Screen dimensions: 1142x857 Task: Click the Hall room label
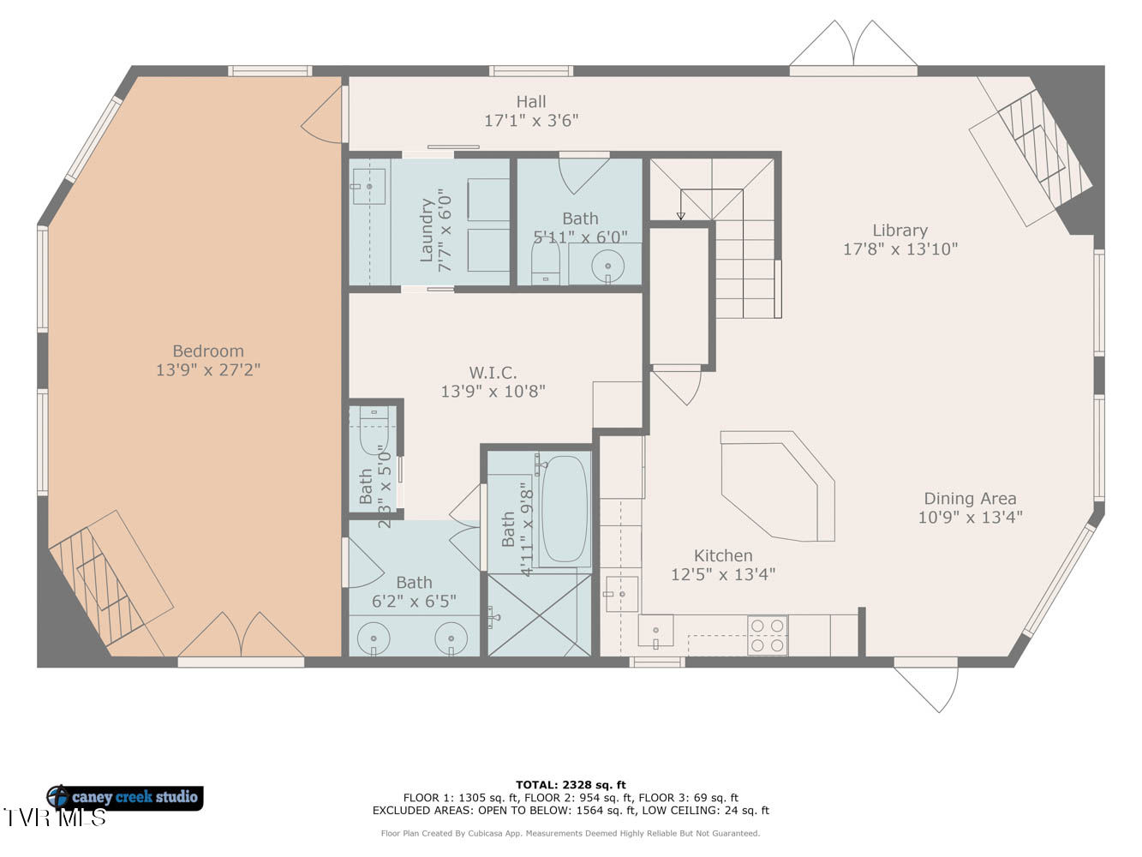click(530, 101)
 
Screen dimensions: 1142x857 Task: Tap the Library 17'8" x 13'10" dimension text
click(900, 249)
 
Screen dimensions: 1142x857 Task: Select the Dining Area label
click(970, 498)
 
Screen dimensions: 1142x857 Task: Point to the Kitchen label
click(723, 555)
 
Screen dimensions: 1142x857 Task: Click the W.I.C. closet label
click(493, 372)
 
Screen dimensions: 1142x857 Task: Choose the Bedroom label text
click(208, 351)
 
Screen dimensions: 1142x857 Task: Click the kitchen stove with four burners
click(768, 635)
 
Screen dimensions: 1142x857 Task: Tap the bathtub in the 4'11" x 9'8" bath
click(564, 509)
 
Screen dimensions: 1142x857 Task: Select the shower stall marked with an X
click(539, 614)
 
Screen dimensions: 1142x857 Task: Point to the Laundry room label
click(426, 230)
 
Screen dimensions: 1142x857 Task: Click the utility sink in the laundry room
click(369, 186)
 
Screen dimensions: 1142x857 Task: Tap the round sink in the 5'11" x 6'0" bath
click(607, 266)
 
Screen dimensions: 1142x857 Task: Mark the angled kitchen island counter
click(779, 485)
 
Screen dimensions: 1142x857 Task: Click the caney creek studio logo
click(125, 797)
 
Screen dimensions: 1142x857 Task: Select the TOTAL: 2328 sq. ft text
click(571, 785)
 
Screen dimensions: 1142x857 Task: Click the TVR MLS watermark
click(55, 818)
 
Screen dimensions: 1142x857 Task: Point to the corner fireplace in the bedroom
click(111, 584)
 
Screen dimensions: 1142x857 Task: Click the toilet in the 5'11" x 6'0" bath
click(545, 261)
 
